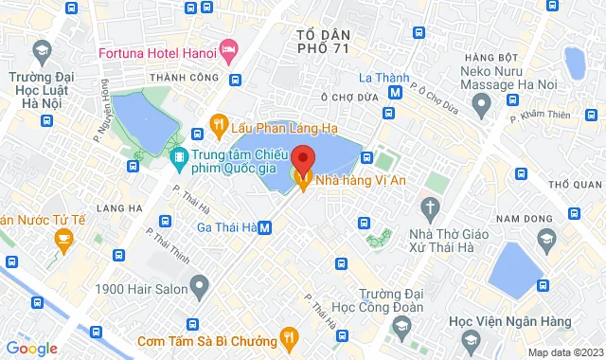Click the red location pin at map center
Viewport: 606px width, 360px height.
click(x=303, y=157)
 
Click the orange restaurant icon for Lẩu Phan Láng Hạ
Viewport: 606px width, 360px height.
click(x=218, y=124)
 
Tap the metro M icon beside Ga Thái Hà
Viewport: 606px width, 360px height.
click(x=266, y=227)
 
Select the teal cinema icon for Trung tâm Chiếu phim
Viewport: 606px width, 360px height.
click(x=178, y=156)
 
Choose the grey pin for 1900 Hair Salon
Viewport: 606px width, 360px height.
click(x=199, y=284)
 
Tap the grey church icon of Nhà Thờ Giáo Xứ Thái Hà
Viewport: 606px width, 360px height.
click(x=431, y=207)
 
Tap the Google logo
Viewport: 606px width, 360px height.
click(x=31, y=349)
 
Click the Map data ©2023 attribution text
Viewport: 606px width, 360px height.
click(x=564, y=352)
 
